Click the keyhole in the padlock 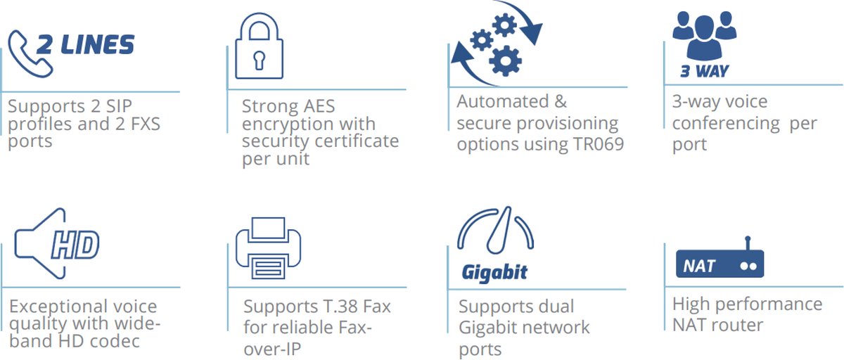click(259, 56)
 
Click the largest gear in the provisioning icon click(505, 60)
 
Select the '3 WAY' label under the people click(704, 71)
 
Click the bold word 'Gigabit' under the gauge click(495, 272)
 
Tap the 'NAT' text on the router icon click(699, 266)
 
